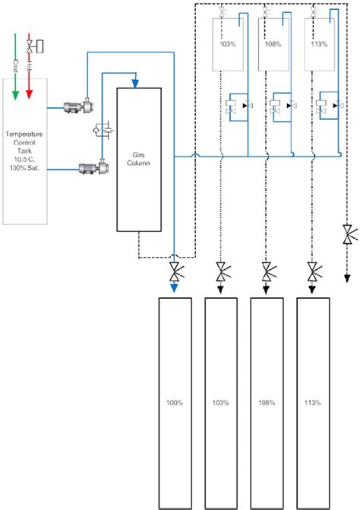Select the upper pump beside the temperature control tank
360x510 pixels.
[76, 107]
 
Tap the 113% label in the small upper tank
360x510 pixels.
[319, 44]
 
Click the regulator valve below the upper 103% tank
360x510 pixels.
[235, 106]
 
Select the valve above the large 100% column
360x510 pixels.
[175, 271]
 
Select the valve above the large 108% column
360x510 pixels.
[267, 271]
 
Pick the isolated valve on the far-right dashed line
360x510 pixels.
[347, 233]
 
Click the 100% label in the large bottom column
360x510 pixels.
[175, 402]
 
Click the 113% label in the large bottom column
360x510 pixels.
[312, 402]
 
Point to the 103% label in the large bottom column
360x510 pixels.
[221, 402]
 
